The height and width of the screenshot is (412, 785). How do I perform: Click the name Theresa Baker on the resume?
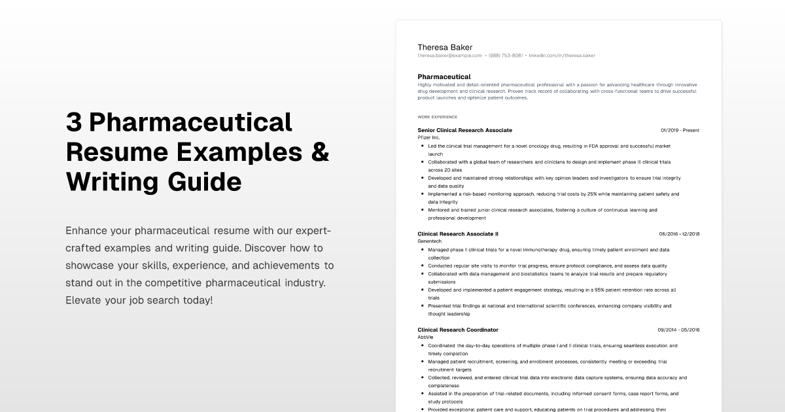(445, 47)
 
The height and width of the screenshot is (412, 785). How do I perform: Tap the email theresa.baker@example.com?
(449, 56)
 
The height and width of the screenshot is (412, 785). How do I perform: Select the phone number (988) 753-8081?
(506, 56)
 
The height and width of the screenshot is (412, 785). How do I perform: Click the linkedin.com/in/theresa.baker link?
(562, 56)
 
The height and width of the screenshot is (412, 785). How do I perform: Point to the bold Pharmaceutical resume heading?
(444, 77)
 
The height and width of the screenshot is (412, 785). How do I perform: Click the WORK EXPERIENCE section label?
(437, 117)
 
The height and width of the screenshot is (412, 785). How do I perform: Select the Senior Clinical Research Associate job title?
(464, 130)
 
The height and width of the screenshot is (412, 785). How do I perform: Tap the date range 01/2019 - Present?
(680, 130)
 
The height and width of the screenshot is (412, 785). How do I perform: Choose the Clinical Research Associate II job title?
(458, 233)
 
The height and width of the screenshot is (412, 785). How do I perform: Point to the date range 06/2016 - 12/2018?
(679, 233)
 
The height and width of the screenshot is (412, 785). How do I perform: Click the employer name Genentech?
(430, 241)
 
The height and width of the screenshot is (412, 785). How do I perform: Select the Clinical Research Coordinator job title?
(458, 330)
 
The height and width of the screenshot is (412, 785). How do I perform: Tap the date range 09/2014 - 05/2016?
(679, 330)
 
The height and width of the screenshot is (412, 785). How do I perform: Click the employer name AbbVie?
(425, 337)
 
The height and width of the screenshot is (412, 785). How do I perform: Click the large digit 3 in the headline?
(73, 122)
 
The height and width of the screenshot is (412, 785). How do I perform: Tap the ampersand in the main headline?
(319, 152)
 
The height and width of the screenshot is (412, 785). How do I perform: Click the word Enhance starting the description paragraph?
(87, 231)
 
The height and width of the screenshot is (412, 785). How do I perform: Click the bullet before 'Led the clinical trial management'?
(423, 146)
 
